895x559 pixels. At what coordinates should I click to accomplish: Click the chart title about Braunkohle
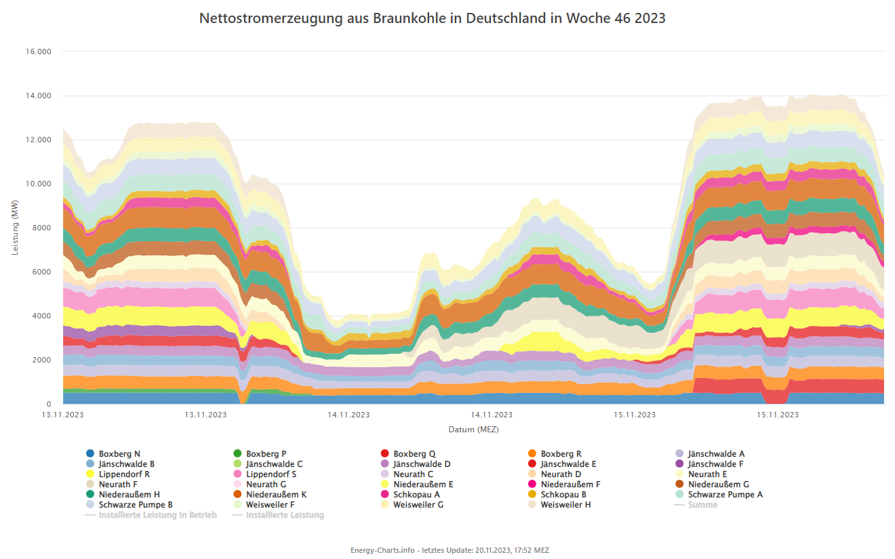point(432,18)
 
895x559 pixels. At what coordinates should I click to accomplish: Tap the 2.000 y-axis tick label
point(43,360)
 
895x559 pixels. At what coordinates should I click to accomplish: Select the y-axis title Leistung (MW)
point(16,228)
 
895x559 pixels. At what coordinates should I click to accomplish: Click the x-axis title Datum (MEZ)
point(473,430)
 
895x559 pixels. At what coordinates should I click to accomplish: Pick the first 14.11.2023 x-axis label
point(349,415)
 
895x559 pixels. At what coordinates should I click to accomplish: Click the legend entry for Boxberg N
point(119,454)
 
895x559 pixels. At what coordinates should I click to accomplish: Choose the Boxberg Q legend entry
point(414,454)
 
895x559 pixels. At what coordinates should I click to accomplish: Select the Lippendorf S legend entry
point(271,474)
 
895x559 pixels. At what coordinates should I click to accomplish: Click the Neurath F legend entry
point(119,484)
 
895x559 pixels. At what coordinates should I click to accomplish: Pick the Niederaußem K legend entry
point(276,495)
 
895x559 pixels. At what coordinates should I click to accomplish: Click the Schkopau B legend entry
point(563,495)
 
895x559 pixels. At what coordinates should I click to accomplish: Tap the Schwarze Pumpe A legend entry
point(725,495)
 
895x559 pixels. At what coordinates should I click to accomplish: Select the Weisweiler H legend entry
point(565,505)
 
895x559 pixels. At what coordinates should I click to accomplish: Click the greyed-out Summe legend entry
point(702,505)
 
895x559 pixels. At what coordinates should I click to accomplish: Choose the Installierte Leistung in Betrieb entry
point(157,515)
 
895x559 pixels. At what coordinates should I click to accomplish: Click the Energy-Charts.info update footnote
point(450,550)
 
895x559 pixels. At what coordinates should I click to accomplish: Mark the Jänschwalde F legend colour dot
point(679,464)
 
